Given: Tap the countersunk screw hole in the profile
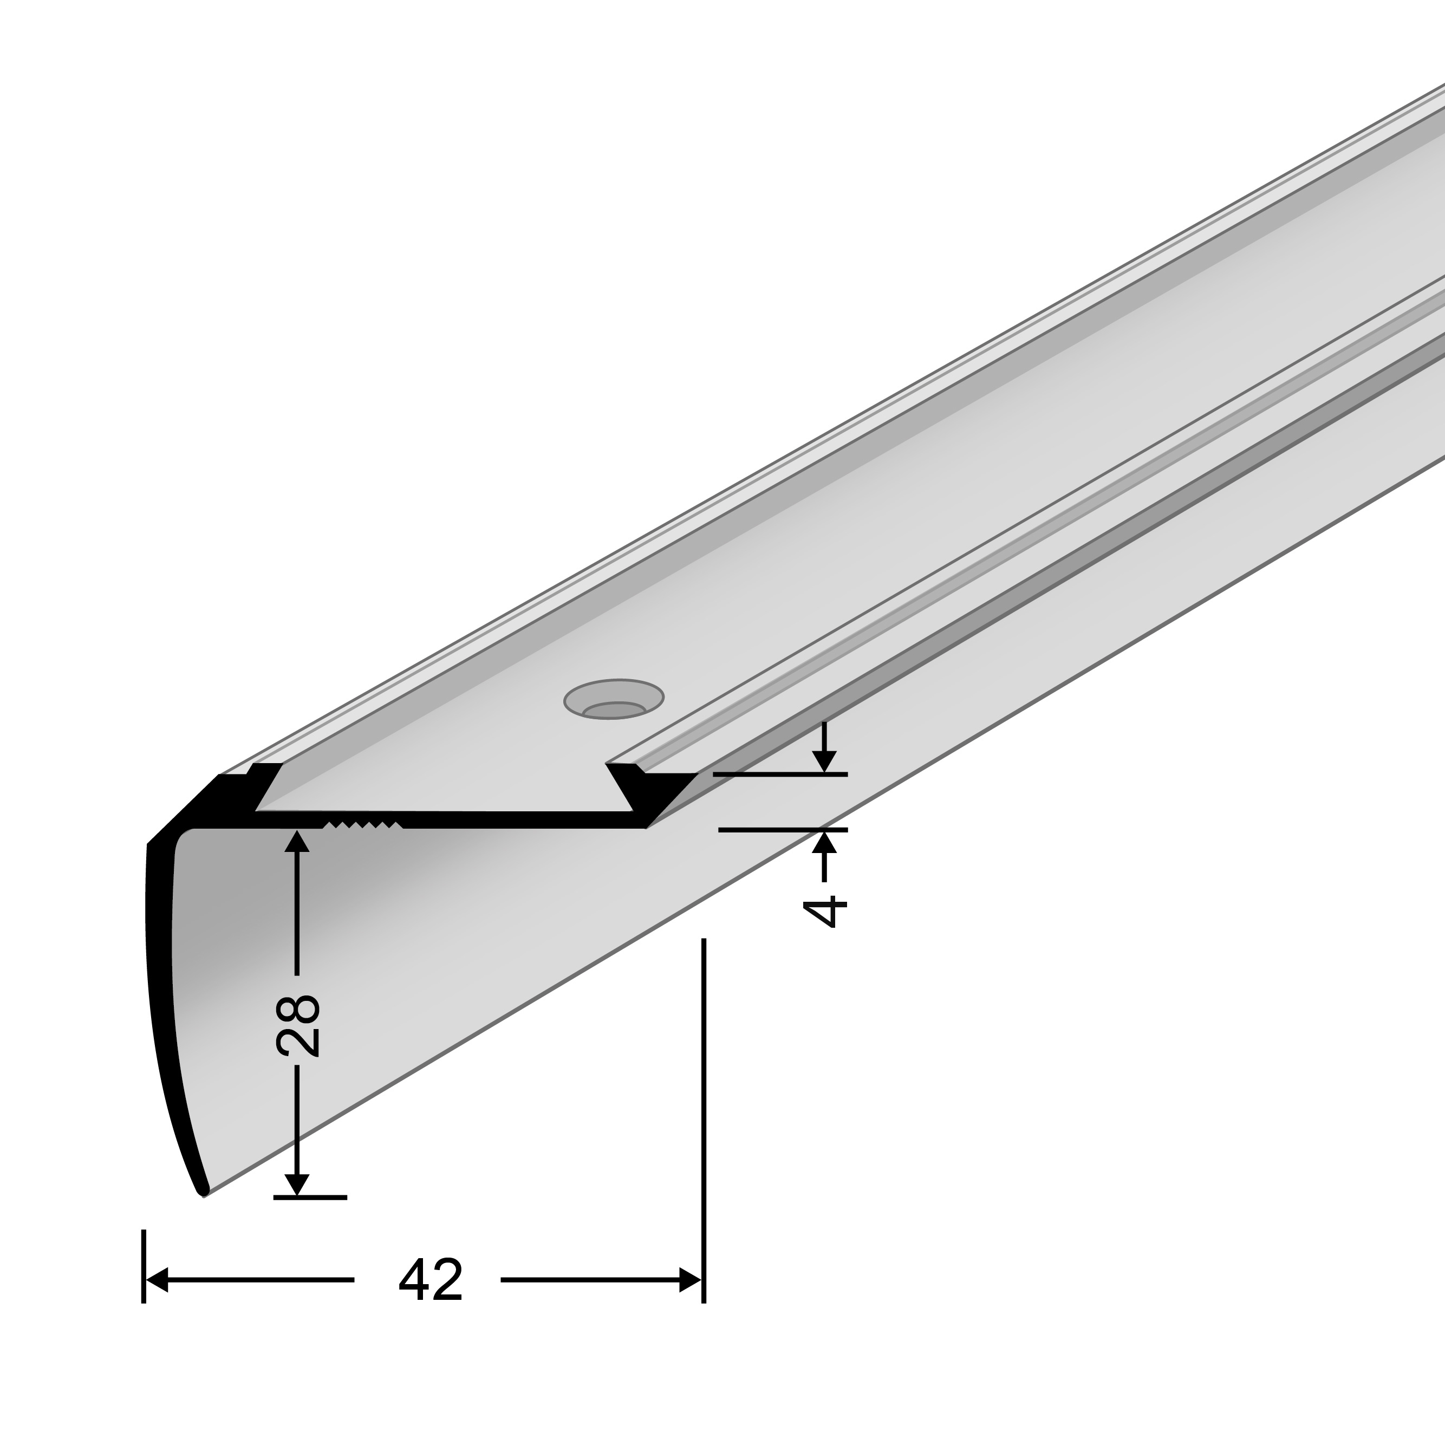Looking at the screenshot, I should coord(613,699).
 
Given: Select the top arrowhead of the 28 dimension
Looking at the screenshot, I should coord(297,842).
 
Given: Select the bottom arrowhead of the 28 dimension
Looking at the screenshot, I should coord(297,1184).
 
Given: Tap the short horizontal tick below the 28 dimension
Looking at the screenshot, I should coord(310,1197).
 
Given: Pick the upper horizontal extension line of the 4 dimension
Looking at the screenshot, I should coord(779,774).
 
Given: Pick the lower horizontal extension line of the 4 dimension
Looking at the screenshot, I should coord(782,829).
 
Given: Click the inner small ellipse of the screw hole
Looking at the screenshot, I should coord(614,709).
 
